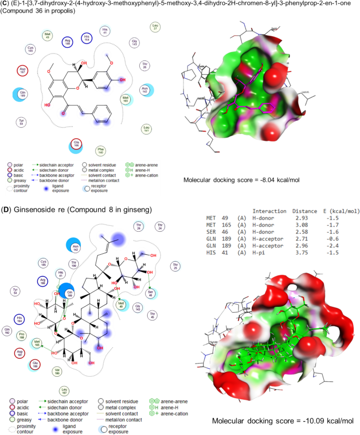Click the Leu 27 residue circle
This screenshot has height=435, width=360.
click(155, 27)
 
